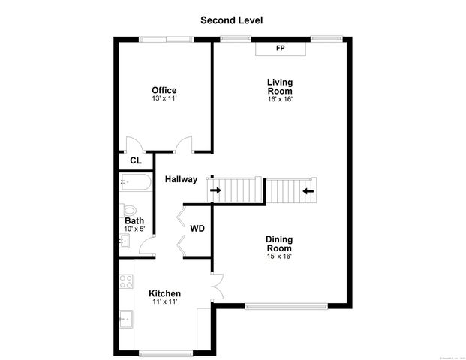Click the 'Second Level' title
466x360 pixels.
tap(231, 20)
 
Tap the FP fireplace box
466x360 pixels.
tap(281, 49)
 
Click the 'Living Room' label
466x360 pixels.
tap(280, 86)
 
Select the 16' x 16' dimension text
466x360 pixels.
tap(280, 99)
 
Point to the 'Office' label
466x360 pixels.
tap(164, 90)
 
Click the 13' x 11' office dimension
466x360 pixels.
tap(164, 98)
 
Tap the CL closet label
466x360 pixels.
tap(136, 160)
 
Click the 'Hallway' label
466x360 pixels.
tap(182, 179)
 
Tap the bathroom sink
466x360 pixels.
tap(125, 241)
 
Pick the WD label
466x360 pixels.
tap(197, 229)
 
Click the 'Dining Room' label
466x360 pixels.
tap(279, 244)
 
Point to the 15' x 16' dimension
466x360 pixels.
tap(279, 256)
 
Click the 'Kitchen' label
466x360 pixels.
tap(164, 293)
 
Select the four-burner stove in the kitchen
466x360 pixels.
tap(126, 282)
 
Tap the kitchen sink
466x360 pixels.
tap(126, 318)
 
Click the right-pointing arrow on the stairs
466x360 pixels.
tap(216, 190)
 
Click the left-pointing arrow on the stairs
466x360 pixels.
tap(308, 190)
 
